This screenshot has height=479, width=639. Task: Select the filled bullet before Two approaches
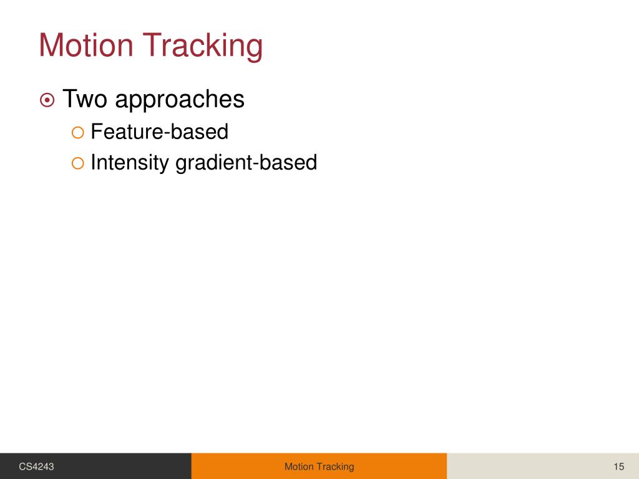(x=47, y=100)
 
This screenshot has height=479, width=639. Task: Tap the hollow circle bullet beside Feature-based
(x=77, y=132)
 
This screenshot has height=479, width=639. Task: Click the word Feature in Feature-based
(x=125, y=132)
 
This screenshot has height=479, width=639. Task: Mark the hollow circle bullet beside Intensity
(x=77, y=163)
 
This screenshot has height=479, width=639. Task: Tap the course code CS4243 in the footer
(x=36, y=467)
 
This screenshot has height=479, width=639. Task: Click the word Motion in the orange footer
(x=300, y=467)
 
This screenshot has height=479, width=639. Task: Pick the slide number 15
(x=619, y=467)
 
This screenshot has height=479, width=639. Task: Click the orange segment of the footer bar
(x=237, y=467)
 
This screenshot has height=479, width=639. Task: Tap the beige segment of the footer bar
(x=530, y=467)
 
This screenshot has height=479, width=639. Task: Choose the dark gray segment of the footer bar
(x=125, y=467)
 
